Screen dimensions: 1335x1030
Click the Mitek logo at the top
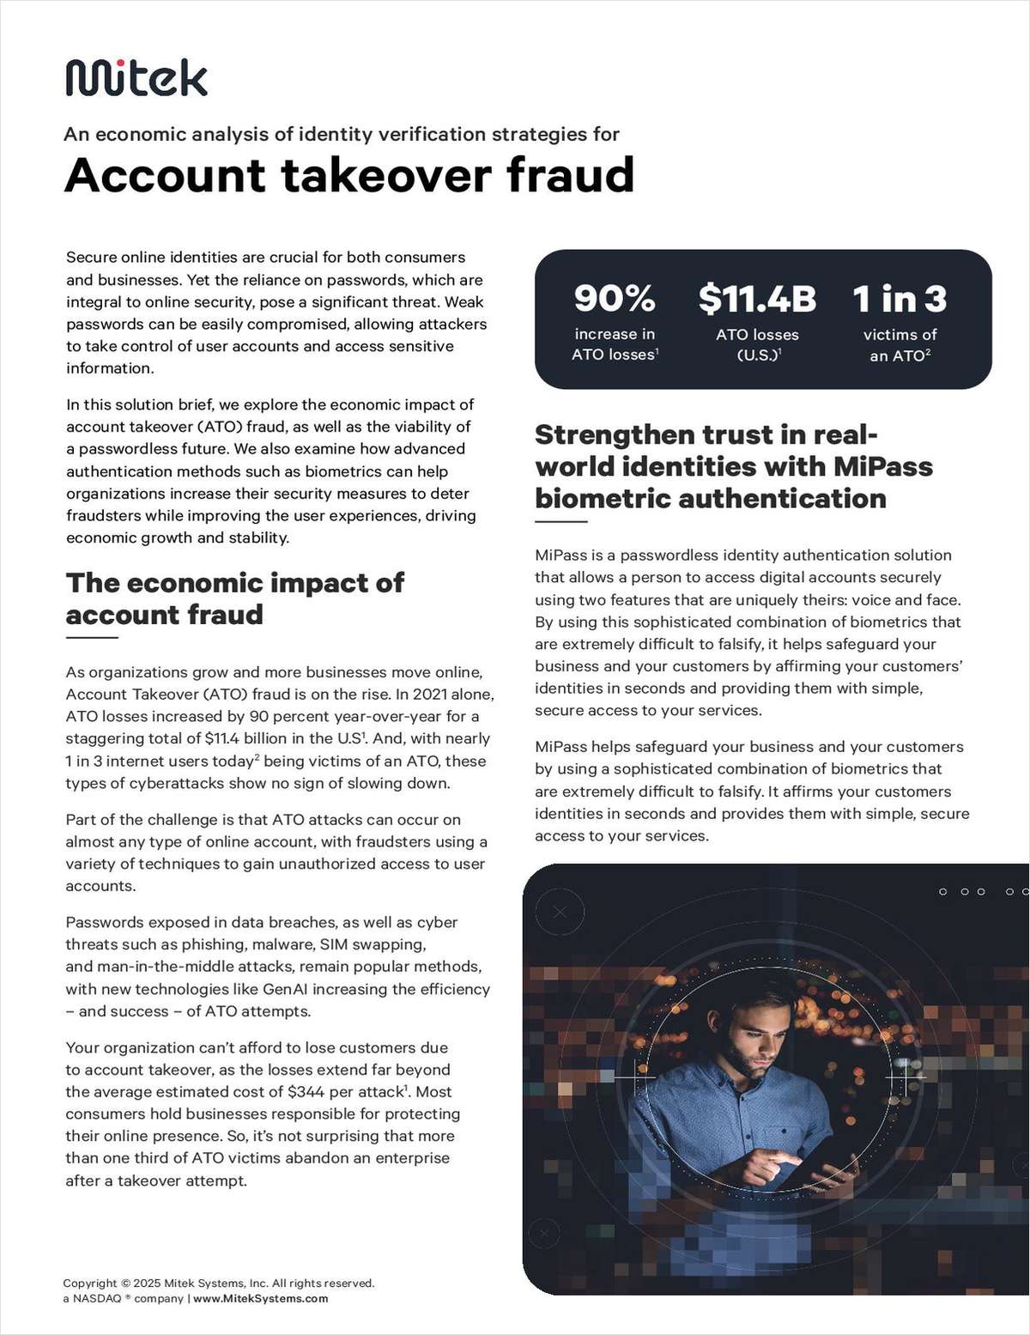(x=136, y=78)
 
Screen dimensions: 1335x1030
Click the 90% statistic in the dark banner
(x=615, y=299)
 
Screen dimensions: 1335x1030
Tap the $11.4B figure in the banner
(x=756, y=299)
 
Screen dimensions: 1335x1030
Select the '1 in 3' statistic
(x=899, y=299)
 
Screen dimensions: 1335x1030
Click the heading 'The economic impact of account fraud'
(x=234, y=598)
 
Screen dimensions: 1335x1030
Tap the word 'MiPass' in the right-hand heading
(x=883, y=467)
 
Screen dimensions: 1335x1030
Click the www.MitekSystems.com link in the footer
(x=260, y=1299)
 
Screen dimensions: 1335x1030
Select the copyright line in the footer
(x=219, y=1283)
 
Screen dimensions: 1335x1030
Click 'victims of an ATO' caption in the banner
(x=899, y=345)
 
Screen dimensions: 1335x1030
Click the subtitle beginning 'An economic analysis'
(x=342, y=135)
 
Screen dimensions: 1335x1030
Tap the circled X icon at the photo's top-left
(x=560, y=913)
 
